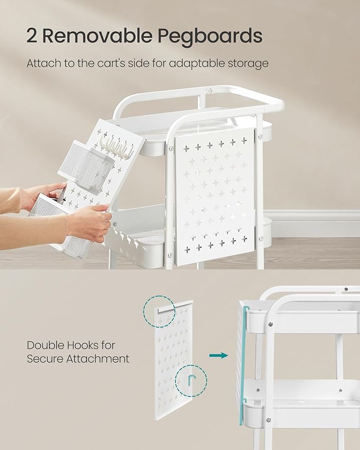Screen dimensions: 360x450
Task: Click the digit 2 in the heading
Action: pos(32,36)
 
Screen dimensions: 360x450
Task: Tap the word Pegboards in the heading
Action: pos(210,37)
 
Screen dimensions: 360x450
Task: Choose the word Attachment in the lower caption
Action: pos(98,358)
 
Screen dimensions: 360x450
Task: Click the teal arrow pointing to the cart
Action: pos(219,356)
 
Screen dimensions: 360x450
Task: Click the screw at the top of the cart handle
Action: pos(210,91)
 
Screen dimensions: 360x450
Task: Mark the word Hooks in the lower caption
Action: pos(83,345)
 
